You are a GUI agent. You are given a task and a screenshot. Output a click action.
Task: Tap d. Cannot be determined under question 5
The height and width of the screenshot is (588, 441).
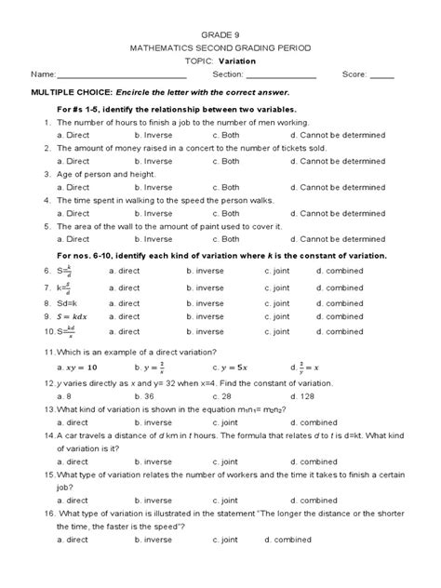coord(337,239)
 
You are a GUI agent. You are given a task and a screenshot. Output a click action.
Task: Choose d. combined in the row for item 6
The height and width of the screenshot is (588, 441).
coord(340,271)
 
